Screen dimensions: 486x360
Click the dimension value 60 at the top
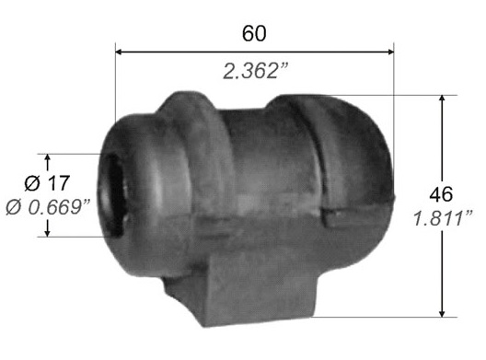254,33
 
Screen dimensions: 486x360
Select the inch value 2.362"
256,71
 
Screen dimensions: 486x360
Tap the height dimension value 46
441,194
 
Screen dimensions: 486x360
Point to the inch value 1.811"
444,218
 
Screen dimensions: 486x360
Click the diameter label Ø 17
47,183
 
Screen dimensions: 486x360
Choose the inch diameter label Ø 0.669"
48,207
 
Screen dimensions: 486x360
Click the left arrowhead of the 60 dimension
118,52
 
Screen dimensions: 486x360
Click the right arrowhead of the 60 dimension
391,52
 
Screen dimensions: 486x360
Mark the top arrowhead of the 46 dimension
443,98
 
